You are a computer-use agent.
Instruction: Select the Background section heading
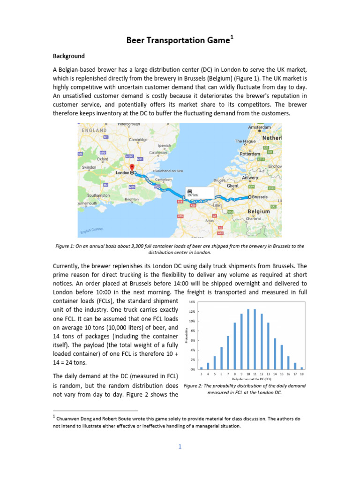point(68,56)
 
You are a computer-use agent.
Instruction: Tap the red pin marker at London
point(132,168)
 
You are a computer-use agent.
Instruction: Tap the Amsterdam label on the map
point(260,127)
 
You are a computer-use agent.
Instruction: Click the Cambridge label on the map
point(138,140)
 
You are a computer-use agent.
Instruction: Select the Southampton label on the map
point(98,195)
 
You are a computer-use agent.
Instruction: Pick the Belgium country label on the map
point(259,211)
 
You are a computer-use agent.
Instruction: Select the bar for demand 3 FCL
point(202,368)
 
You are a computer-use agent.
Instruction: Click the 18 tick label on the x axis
point(302,374)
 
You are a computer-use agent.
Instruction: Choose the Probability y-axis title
point(187,336)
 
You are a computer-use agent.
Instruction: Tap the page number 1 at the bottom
point(180,446)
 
